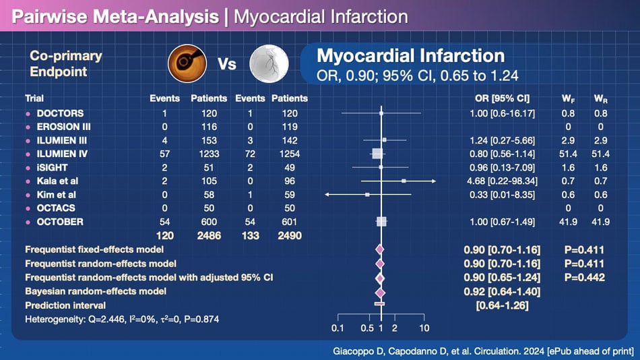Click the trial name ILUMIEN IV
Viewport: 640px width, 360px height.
pos(63,154)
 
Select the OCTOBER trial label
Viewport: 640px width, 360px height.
pos(60,222)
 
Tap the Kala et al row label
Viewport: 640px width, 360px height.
pos(58,181)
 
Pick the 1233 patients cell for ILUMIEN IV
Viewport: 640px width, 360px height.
pos(208,154)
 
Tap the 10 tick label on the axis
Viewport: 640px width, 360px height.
pos(424,328)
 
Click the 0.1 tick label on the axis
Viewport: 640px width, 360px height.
pos(338,328)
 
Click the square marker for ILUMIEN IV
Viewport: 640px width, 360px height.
pos(377,154)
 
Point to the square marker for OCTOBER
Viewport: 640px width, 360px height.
pos(381,222)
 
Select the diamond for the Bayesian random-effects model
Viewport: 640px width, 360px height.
pos(379,292)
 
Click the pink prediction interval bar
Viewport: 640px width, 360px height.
pos(379,305)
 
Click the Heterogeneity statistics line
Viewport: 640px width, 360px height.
pos(121,318)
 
